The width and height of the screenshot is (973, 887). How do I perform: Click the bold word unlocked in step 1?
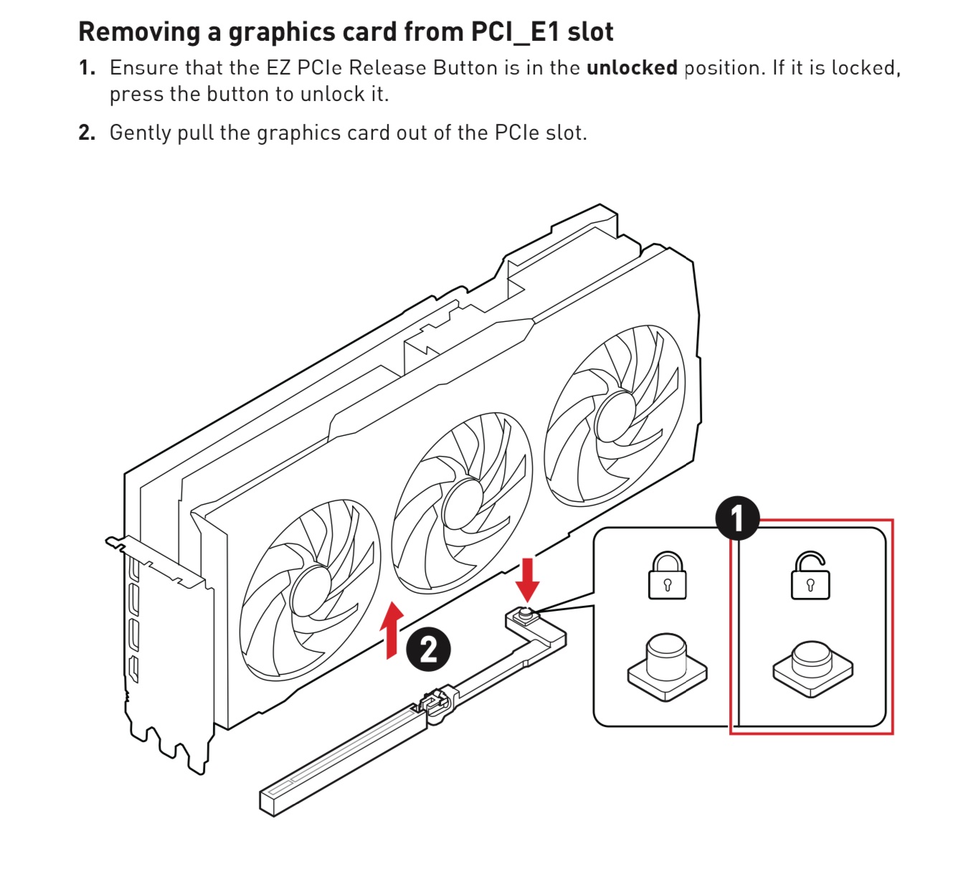tap(632, 68)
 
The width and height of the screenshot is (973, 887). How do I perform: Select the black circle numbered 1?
tap(737, 518)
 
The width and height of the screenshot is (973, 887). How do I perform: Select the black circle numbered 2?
tap(428, 650)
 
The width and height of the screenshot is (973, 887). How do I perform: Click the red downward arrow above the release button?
tap(527, 580)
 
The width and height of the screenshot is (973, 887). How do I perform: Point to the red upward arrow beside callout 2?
tap(391, 630)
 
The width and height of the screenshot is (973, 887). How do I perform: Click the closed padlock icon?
tap(667, 576)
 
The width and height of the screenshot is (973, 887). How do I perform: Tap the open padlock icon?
tap(810, 576)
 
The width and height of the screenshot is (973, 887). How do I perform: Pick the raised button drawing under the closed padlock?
tap(667, 667)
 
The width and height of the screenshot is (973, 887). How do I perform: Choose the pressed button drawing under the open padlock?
tap(812, 669)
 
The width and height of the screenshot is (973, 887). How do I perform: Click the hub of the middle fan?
tap(462, 503)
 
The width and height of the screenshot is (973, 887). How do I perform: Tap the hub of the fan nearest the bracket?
tap(310, 591)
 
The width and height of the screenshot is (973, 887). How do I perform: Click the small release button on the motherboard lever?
tap(524, 615)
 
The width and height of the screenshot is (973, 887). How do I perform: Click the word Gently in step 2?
tap(141, 133)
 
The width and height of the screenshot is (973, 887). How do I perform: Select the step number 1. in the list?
tap(87, 68)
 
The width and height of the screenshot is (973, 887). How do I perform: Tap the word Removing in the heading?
tap(139, 32)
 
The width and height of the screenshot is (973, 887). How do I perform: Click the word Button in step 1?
tap(465, 68)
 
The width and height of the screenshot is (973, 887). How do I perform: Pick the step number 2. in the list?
tap(87, 133)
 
